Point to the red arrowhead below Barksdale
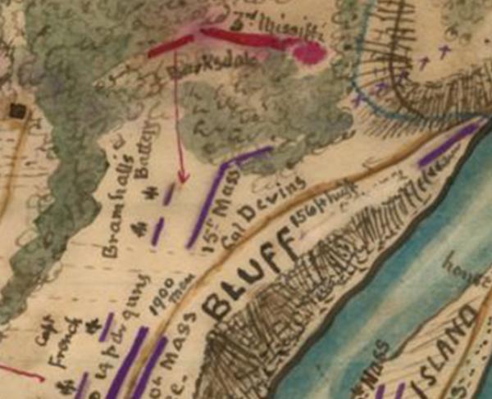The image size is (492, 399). (183, 175)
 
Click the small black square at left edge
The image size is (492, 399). (15, 110)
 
